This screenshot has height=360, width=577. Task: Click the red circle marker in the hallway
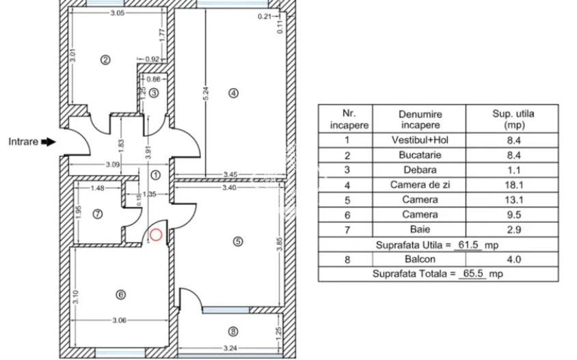[156, 235]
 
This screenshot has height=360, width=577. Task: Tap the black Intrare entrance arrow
[48, 142]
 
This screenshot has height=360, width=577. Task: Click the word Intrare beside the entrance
[23, 142]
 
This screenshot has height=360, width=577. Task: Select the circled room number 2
[105, 59]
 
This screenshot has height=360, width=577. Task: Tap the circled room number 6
[121, 295]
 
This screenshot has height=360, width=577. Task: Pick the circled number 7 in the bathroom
[98, 213]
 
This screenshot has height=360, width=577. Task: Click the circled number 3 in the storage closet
[155, 93]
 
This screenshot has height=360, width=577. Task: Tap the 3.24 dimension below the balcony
[230, 350]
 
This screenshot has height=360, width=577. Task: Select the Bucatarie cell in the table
[420, 156]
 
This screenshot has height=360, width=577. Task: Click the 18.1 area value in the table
[512, 185]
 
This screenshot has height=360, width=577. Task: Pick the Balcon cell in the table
[420, 259]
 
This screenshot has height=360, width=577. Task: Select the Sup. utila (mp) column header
[512, 119]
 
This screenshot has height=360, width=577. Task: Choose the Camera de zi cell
[420, 185]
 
